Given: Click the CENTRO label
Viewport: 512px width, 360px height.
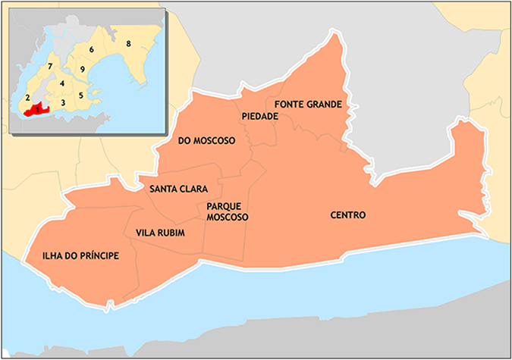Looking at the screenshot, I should [x=348, y=215].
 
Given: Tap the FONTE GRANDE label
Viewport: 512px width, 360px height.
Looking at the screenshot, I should [x=309, y=104].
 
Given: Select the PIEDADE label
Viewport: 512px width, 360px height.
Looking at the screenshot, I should [x=260, y=117].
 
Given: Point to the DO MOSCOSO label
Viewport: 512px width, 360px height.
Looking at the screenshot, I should [x=206, y=141].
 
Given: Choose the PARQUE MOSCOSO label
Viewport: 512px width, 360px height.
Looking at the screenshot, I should [x=228, y=211].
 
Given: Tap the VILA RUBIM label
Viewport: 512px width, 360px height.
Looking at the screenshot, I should [x=159, y=232].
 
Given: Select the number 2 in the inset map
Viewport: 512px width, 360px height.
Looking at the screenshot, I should [x=27, y=98].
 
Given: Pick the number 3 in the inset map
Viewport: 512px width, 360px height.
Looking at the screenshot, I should [x=63, y=102].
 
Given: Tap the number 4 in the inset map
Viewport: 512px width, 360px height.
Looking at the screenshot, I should [x=61, y=83].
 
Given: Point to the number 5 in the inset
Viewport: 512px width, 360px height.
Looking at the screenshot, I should [x=80, y=95].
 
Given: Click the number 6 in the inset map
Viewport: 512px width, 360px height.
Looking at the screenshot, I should [x=91, y=49].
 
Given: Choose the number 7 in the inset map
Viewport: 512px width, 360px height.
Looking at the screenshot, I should [x=49, y=67].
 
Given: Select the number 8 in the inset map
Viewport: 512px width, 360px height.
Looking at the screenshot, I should [x=129, y=43].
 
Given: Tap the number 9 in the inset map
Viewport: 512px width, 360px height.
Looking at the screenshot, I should [x=82, y=70].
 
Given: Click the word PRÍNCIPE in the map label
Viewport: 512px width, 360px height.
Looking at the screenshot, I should [x=98, y=256].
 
